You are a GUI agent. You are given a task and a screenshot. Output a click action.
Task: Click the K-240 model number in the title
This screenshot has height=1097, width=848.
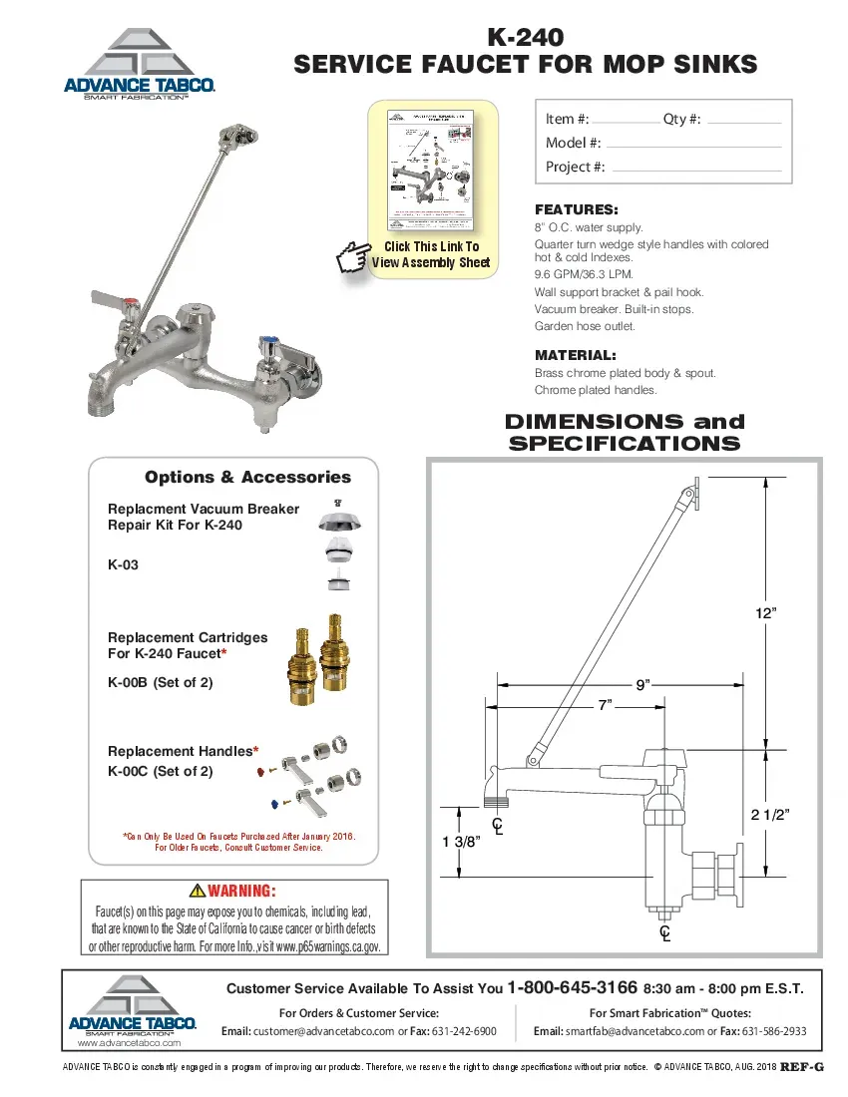[525, 37]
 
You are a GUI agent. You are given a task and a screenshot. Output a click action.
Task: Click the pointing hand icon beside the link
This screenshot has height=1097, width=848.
[352, 255]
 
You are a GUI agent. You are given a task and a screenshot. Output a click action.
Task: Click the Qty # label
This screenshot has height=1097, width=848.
[681, 119]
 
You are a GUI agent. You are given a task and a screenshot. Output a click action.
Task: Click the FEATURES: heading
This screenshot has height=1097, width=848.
[576, 209]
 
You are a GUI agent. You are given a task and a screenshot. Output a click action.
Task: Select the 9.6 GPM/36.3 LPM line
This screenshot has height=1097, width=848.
[584, 274]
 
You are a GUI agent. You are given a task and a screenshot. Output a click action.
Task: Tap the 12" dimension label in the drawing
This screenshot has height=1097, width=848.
[765, 614]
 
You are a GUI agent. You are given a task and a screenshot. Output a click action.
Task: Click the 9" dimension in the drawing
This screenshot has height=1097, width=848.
[642, 684]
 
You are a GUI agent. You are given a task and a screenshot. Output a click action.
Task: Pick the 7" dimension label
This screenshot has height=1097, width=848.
[605, 705]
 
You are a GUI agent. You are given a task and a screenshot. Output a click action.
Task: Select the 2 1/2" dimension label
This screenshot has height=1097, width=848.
[770, 815]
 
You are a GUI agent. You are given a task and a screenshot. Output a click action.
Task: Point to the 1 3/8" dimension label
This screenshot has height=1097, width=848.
[462, 841]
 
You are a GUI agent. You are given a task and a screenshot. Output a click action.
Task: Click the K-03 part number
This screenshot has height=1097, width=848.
[123, 564]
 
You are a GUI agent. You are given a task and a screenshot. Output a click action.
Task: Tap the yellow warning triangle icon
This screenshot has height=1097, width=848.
[197, 891]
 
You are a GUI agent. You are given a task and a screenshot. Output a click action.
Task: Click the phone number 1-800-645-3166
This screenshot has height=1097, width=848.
[573, 988]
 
